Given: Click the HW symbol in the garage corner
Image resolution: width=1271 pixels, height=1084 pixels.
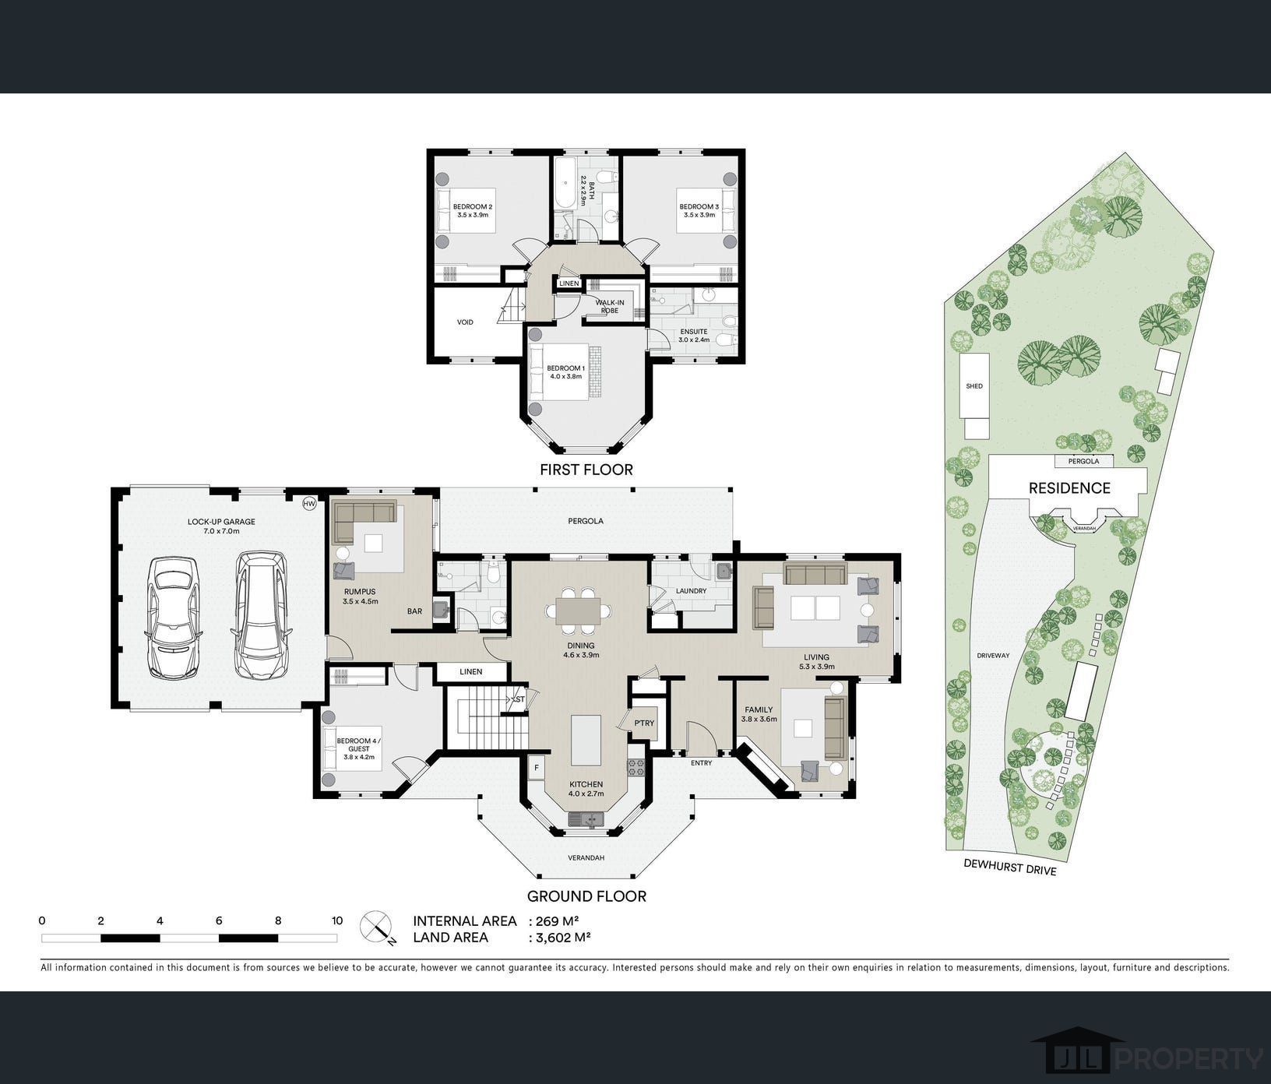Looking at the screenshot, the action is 309,504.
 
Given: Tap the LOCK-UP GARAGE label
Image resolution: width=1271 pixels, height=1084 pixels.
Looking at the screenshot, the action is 221,522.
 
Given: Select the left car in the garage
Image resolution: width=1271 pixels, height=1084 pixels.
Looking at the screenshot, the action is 172,618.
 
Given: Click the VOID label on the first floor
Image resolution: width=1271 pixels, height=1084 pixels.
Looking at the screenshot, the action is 465,322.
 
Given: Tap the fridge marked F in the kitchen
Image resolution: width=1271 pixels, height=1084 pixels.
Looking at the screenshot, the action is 536,768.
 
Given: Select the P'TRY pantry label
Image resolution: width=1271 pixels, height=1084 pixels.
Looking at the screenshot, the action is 644,723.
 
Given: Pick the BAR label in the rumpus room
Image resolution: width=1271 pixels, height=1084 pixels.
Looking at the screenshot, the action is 414,611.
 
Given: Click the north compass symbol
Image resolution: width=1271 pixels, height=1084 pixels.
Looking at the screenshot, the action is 379,927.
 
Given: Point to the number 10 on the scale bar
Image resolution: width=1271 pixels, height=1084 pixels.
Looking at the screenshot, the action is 337,920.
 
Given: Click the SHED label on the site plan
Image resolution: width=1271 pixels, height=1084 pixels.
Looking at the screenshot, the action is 973,386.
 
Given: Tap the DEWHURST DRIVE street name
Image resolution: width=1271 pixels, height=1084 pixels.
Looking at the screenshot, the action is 1010,866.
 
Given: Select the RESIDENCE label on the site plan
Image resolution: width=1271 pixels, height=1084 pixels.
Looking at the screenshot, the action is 1069,488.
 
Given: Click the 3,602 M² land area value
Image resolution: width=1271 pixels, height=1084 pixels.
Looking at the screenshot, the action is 559,938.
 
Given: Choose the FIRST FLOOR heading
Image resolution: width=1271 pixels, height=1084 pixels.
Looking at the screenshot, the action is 586,470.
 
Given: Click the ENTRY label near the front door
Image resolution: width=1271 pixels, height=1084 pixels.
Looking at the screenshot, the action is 701,763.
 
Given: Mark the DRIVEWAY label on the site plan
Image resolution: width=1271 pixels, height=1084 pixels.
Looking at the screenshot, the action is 993,656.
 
